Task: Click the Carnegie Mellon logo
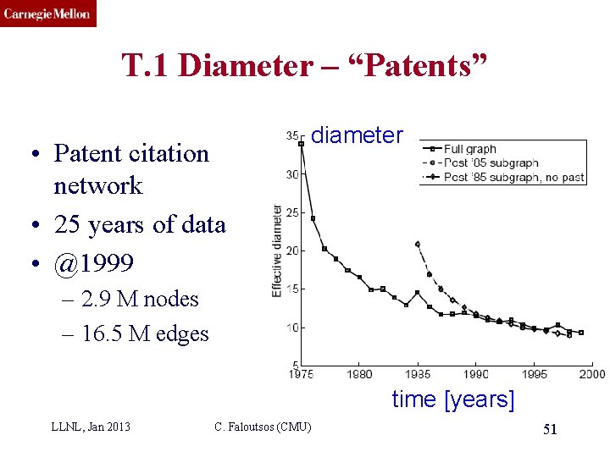tap(47, 14)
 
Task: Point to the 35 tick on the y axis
tap(292, 135)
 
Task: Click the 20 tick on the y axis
tap(292, 251)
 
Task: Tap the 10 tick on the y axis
tap(292, 328)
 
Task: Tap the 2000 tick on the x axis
tap(592, 373)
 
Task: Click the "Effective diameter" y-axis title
tap(277, 251)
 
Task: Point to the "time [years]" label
tap(452, 399)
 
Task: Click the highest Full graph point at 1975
tap(302, 144)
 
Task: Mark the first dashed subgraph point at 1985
tap(418, 244)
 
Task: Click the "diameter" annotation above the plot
tap(357, 135)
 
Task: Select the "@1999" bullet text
tap(93, 263)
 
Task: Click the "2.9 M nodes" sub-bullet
tap(140, 299)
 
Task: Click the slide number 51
tap(550, 430)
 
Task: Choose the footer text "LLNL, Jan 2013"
tap(91, 427)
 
